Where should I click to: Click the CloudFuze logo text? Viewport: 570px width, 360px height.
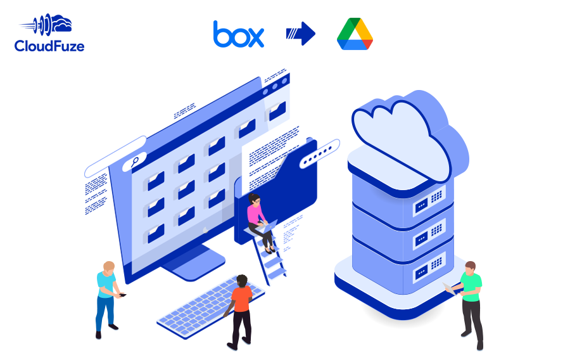[x=49, y=46]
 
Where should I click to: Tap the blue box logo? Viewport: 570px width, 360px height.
[x=239, y=34]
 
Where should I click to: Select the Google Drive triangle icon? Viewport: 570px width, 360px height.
[x=355, y=34]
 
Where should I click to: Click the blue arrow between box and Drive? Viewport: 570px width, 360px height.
[x=301, y=34]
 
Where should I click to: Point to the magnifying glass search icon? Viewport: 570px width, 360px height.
[x=135, y=161]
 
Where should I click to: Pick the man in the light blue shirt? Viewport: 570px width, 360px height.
[x=106, y=295]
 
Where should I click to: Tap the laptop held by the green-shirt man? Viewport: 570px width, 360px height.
[x=452, y=289]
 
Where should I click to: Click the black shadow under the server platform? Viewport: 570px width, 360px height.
[x=393, y=313]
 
